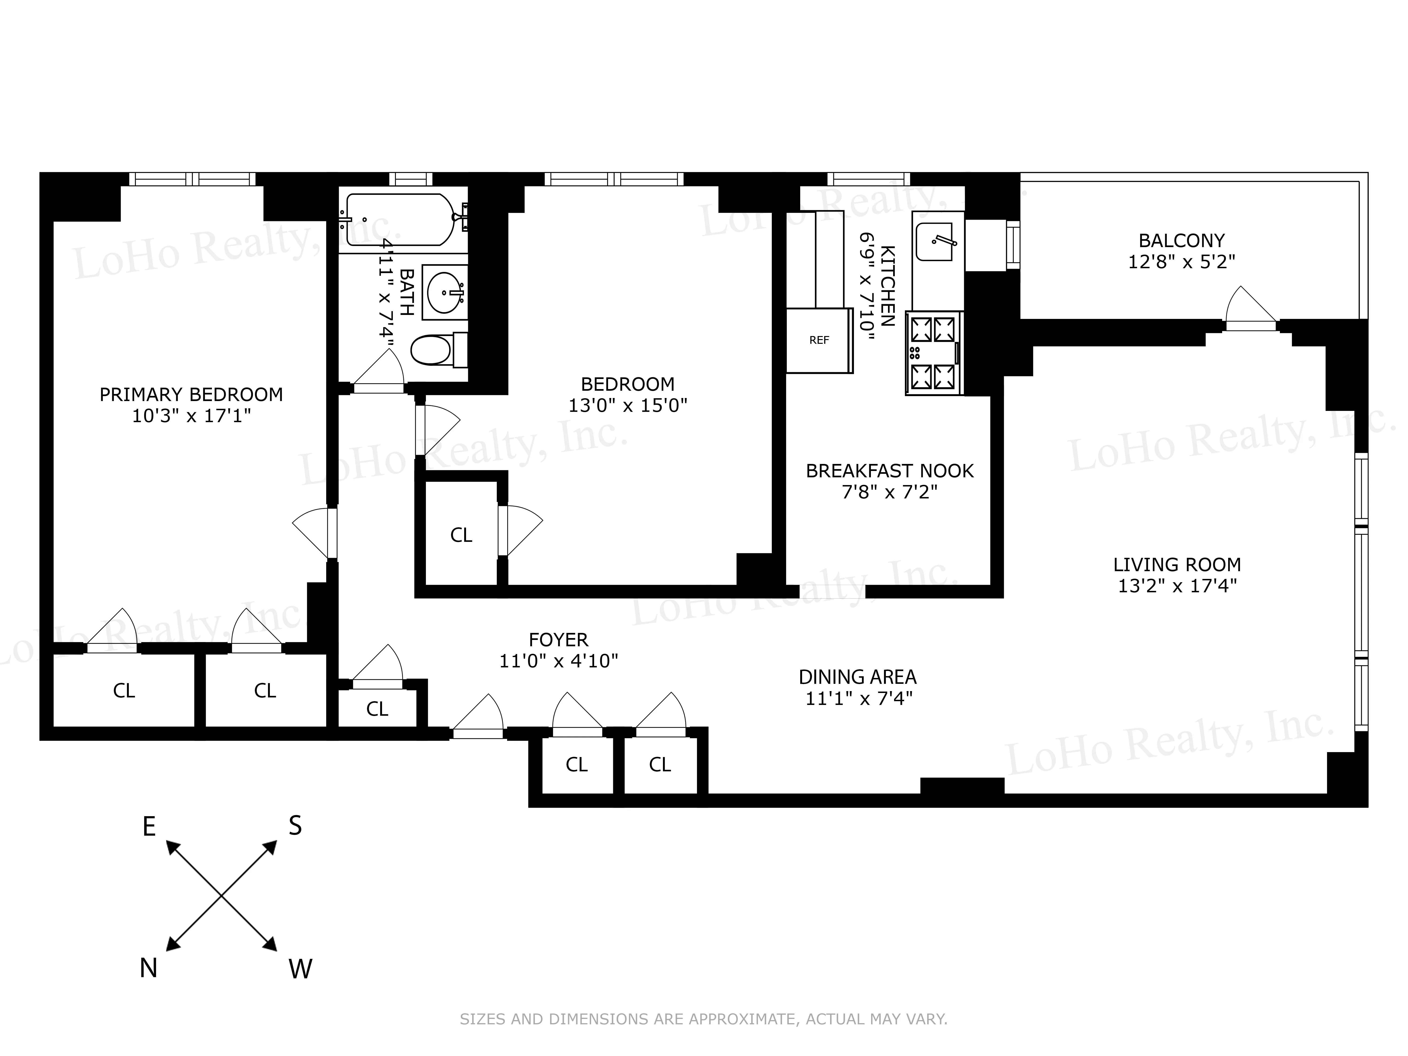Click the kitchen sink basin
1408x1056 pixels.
[x=934, y=242]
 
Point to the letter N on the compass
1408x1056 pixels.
[x=148, y=968]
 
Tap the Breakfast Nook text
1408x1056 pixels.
[x=889, y=471]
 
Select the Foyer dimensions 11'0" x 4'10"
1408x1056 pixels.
[x=558, y=661]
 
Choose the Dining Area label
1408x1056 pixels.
[x=857, y=677]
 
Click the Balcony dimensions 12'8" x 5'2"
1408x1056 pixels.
[x=1181, y=262]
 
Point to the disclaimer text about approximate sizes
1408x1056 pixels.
[x=703, y=1019]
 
